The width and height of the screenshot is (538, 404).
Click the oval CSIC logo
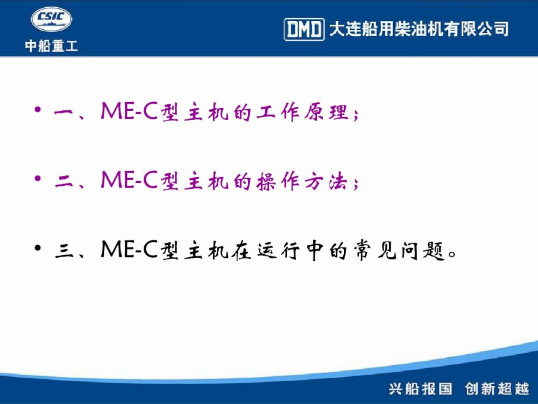point(52,19)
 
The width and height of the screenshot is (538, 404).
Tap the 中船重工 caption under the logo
point(52,46)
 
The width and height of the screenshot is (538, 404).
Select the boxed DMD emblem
point(304,29)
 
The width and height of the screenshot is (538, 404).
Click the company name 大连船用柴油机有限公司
point(419,29)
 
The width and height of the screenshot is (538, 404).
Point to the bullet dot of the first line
point(38,110)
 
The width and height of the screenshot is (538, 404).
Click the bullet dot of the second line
point(38,179)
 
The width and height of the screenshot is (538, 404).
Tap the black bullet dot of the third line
point(38,248)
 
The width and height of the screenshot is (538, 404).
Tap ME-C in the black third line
point(129,249)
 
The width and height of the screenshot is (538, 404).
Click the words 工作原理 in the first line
point(303,112)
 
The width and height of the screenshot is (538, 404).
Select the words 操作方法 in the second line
point(301,181)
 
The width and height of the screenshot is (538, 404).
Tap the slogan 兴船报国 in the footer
point(421,389)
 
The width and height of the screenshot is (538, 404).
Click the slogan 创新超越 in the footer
point(497,389)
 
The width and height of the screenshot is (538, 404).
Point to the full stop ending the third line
point(452,254)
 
